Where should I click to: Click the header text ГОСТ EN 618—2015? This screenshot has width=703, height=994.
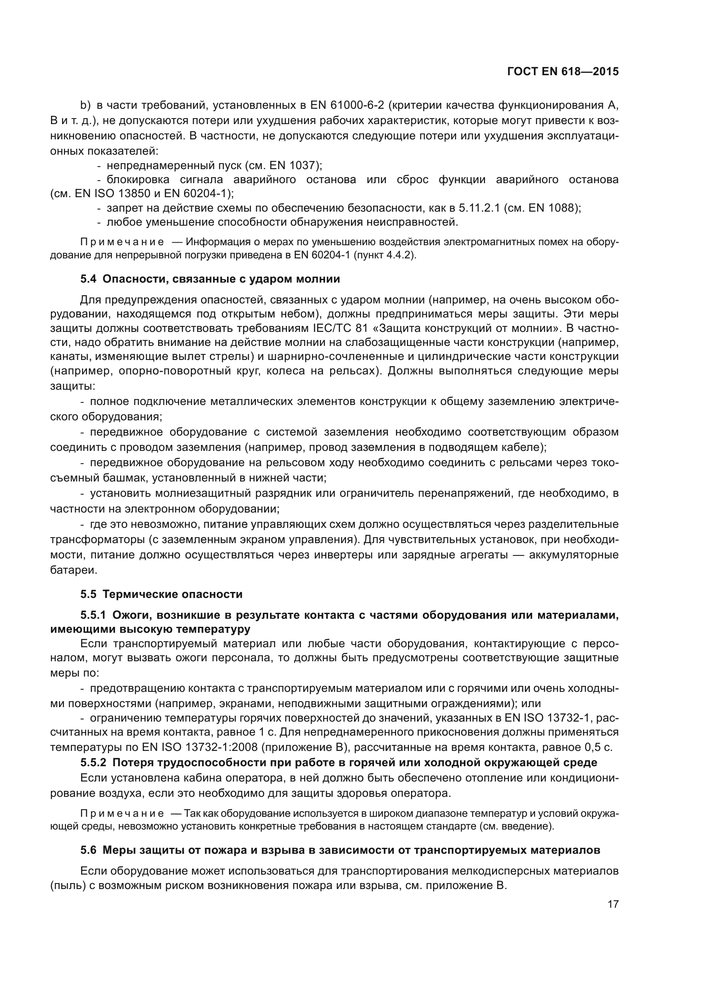[563, 72]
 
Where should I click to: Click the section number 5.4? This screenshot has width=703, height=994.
[88, 279]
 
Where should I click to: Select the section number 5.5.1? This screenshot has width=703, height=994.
[93, 615]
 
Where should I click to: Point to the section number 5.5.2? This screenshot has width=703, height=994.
[93, 762]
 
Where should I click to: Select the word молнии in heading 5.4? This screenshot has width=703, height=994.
[318, 279]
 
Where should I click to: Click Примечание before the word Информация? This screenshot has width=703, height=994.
[122, 242]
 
